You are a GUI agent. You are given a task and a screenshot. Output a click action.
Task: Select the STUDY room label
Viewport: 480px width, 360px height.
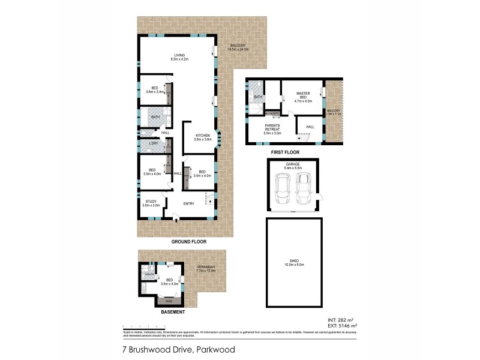pyautogui.click(x=151, y=202)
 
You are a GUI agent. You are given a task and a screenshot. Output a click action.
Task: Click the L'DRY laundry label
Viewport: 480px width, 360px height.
pyautogui.click(x=152, y=143)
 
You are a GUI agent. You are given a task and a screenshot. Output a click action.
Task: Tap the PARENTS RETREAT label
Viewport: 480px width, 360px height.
pyautogui.click(x=275, y=126)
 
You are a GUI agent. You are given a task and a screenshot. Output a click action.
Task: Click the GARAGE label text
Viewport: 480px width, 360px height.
pyautogui.click(x=293, y=164)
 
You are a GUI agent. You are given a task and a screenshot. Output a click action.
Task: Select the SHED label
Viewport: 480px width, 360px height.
pyautogui.click(x=293, y=261)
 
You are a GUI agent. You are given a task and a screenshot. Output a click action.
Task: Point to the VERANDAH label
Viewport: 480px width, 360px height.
pyautogui.click(x=206, y=268)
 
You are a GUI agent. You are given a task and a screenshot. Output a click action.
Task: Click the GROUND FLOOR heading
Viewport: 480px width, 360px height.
pyautogui.click(x=189, y=241)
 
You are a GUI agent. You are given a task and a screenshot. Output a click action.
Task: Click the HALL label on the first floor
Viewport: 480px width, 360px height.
pyautogui.click(x=310, y=127)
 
